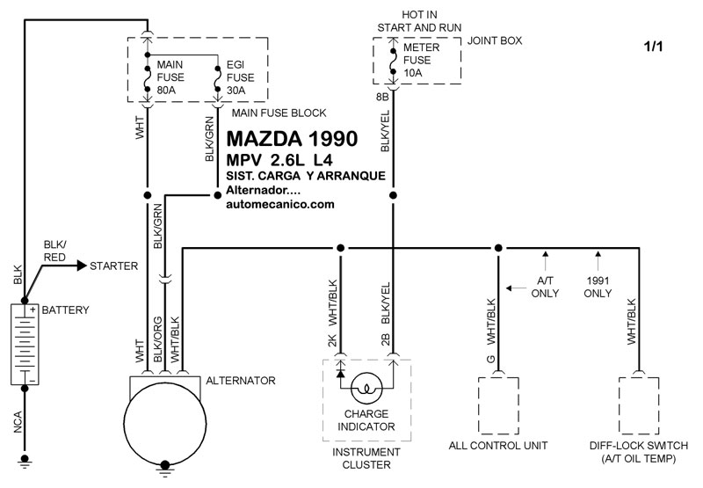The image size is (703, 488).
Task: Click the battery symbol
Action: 25,345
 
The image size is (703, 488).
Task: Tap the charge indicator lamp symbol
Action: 366,389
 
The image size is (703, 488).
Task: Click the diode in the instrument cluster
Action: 341,373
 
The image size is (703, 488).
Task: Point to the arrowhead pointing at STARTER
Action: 82,266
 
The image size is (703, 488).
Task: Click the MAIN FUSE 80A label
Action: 170,77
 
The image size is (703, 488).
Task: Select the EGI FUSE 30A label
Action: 240,77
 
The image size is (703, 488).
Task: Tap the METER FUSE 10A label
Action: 422,60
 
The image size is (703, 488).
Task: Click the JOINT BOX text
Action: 495,40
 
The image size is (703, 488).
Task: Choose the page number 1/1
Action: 653,47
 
